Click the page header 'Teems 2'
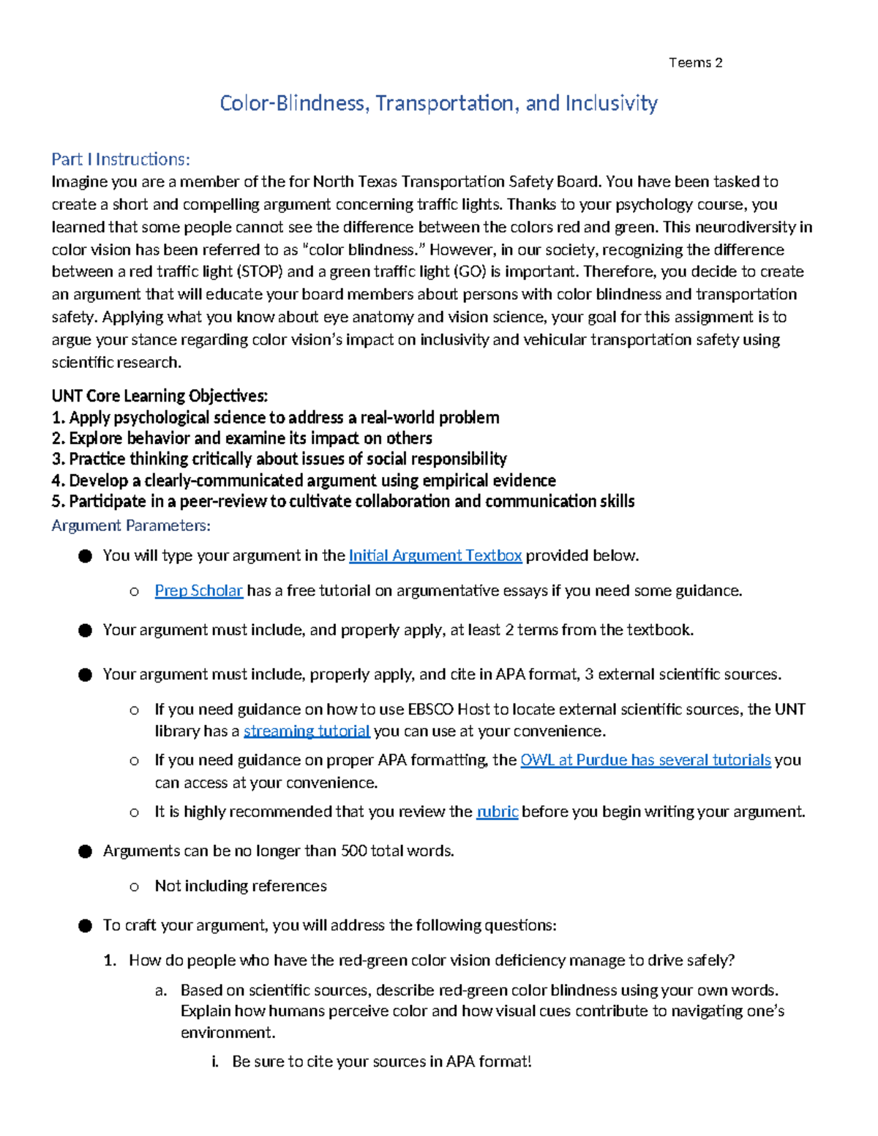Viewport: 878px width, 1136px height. point(695,63)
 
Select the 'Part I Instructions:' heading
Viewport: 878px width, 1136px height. point(121,159)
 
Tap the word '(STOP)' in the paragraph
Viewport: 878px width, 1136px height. point(259,271)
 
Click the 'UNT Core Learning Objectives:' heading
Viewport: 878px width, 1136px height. point(160,396)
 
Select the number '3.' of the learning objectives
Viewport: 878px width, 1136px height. point(59,459)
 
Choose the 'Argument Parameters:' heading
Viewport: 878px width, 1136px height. point(131,525)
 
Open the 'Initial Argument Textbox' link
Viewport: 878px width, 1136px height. point(435,555)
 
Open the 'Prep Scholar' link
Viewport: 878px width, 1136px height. point(198,590)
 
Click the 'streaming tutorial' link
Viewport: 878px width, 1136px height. point(307,731)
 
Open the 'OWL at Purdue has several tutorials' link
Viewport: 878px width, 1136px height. point(645,760)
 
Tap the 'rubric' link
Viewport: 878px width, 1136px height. point(497,811)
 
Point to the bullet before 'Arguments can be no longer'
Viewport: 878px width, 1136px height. point(86,851)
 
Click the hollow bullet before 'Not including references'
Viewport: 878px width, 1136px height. point(134,887)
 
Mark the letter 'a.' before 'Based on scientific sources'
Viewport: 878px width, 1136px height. point(161,990)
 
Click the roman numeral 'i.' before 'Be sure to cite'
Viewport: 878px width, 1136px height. point(215,1061)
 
